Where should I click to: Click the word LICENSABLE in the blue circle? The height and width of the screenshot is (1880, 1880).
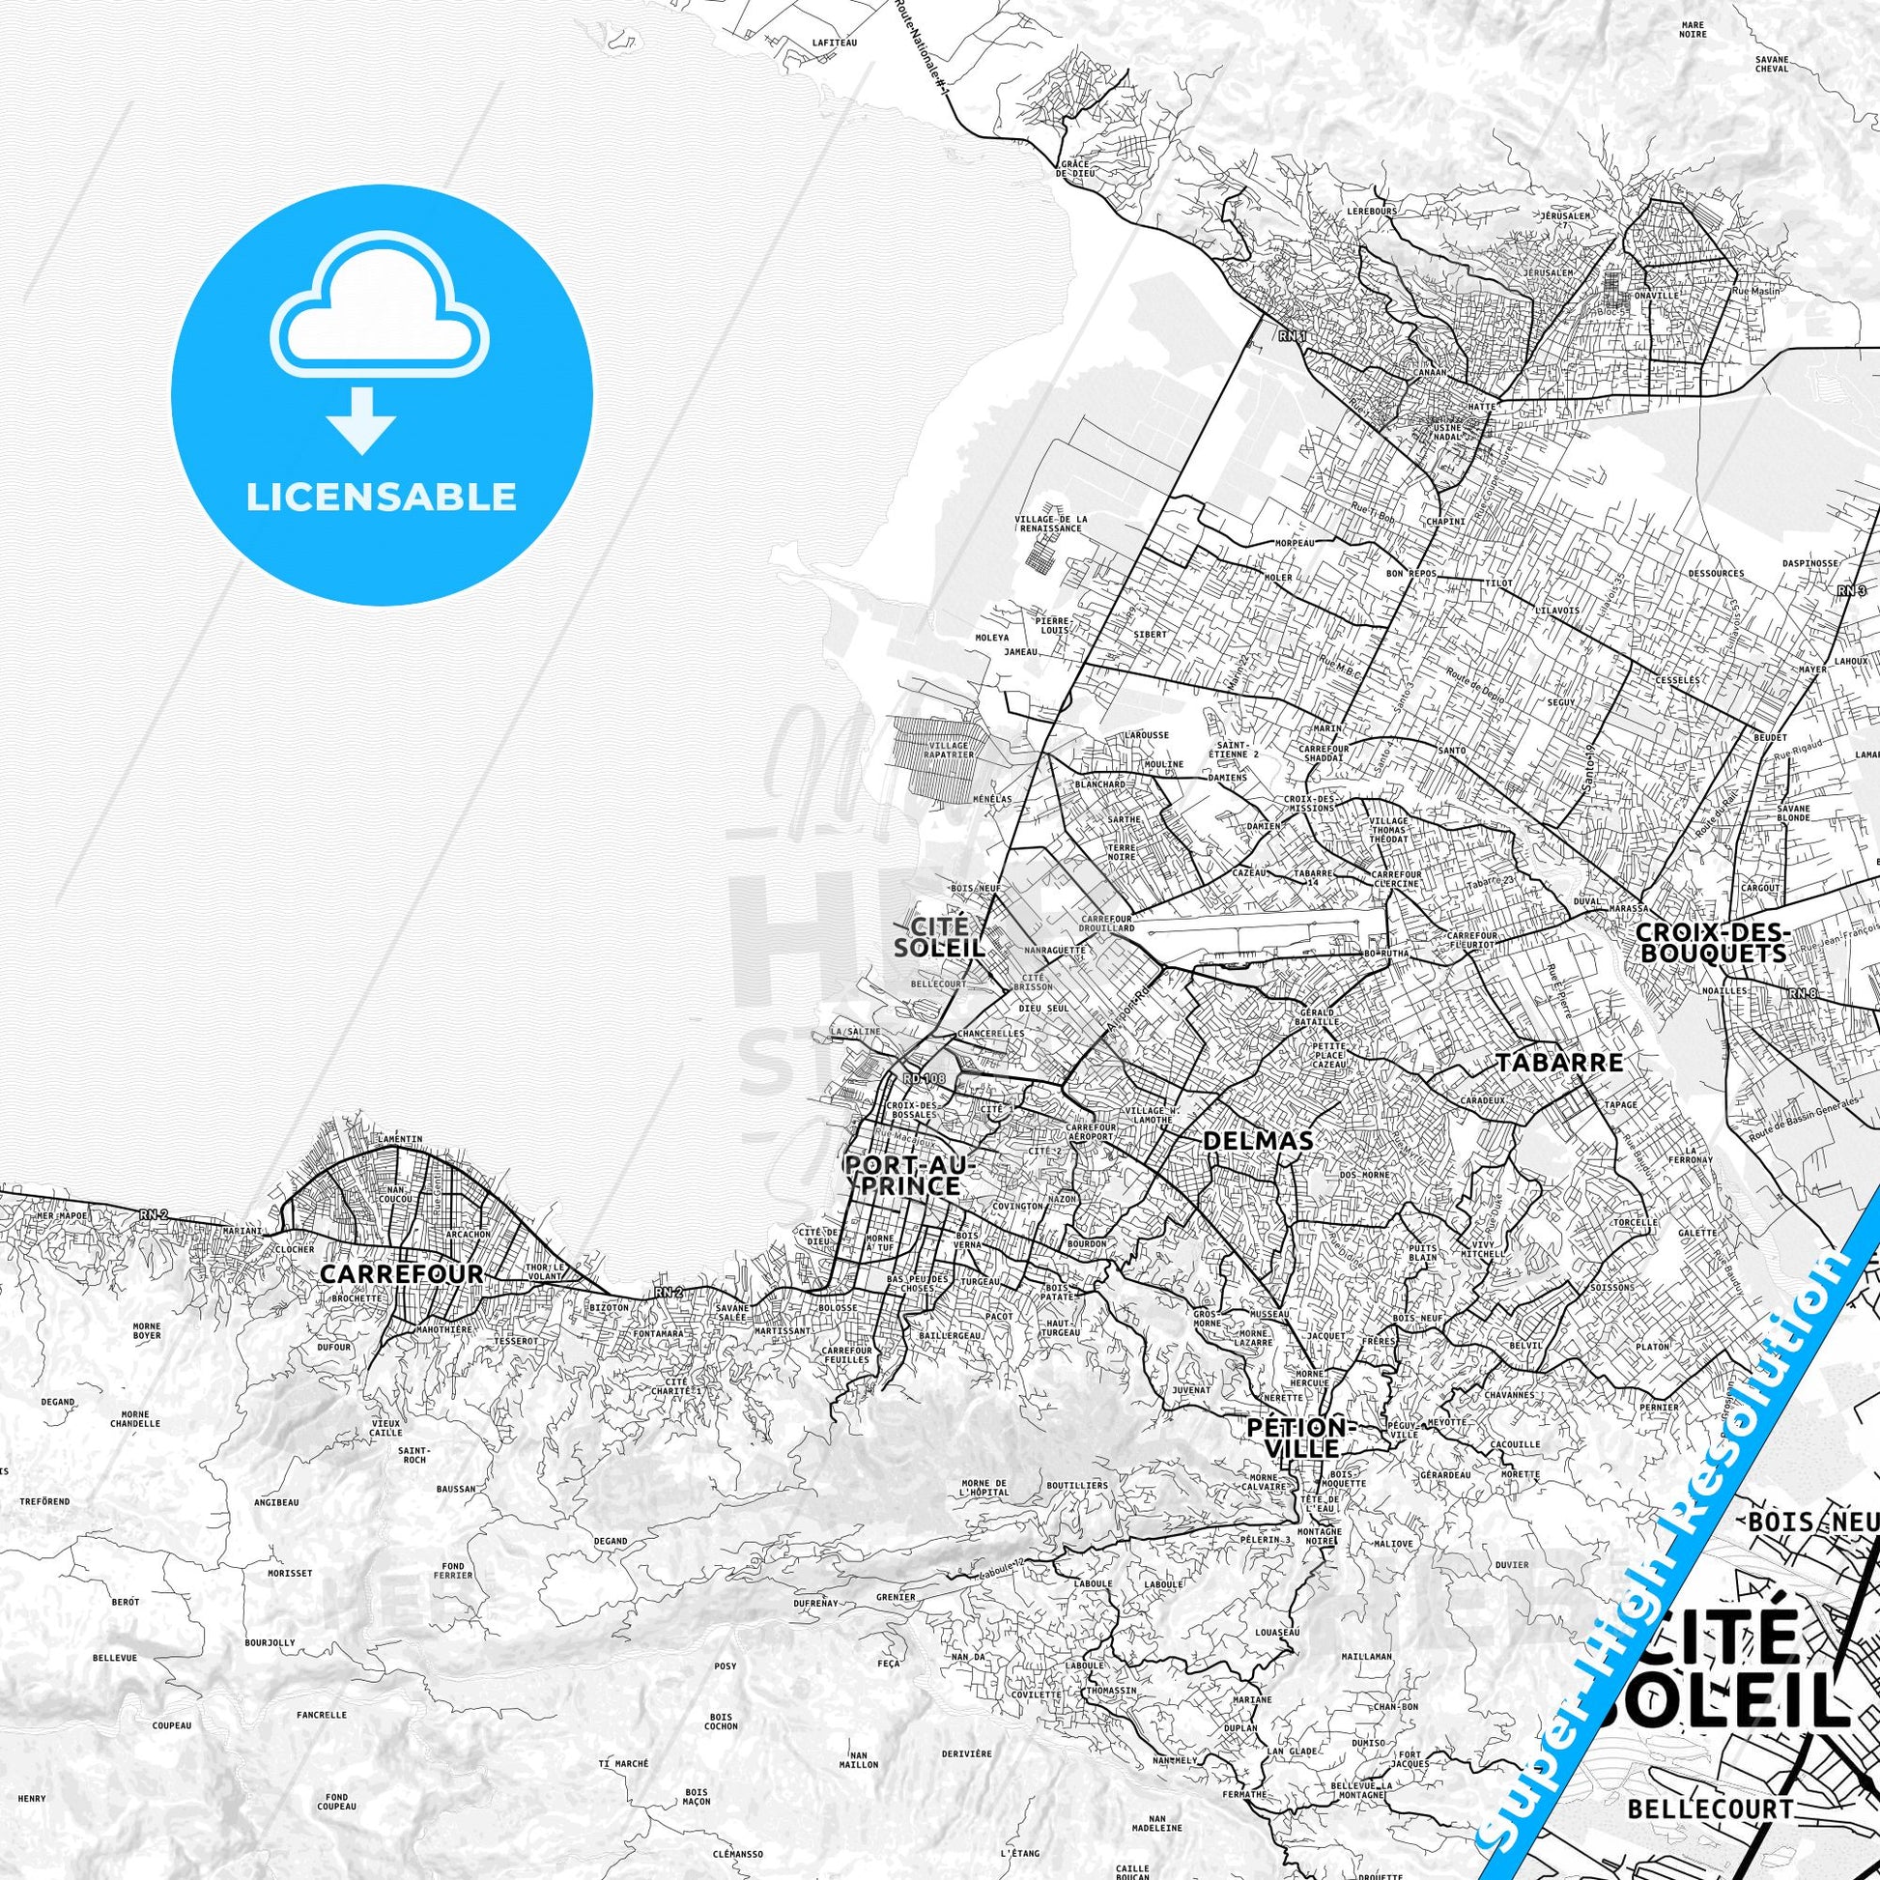pyautogui.click(x=381, y=498)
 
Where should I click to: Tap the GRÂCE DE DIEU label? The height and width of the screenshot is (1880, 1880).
pyautogui.click(x=1074, y=170)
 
